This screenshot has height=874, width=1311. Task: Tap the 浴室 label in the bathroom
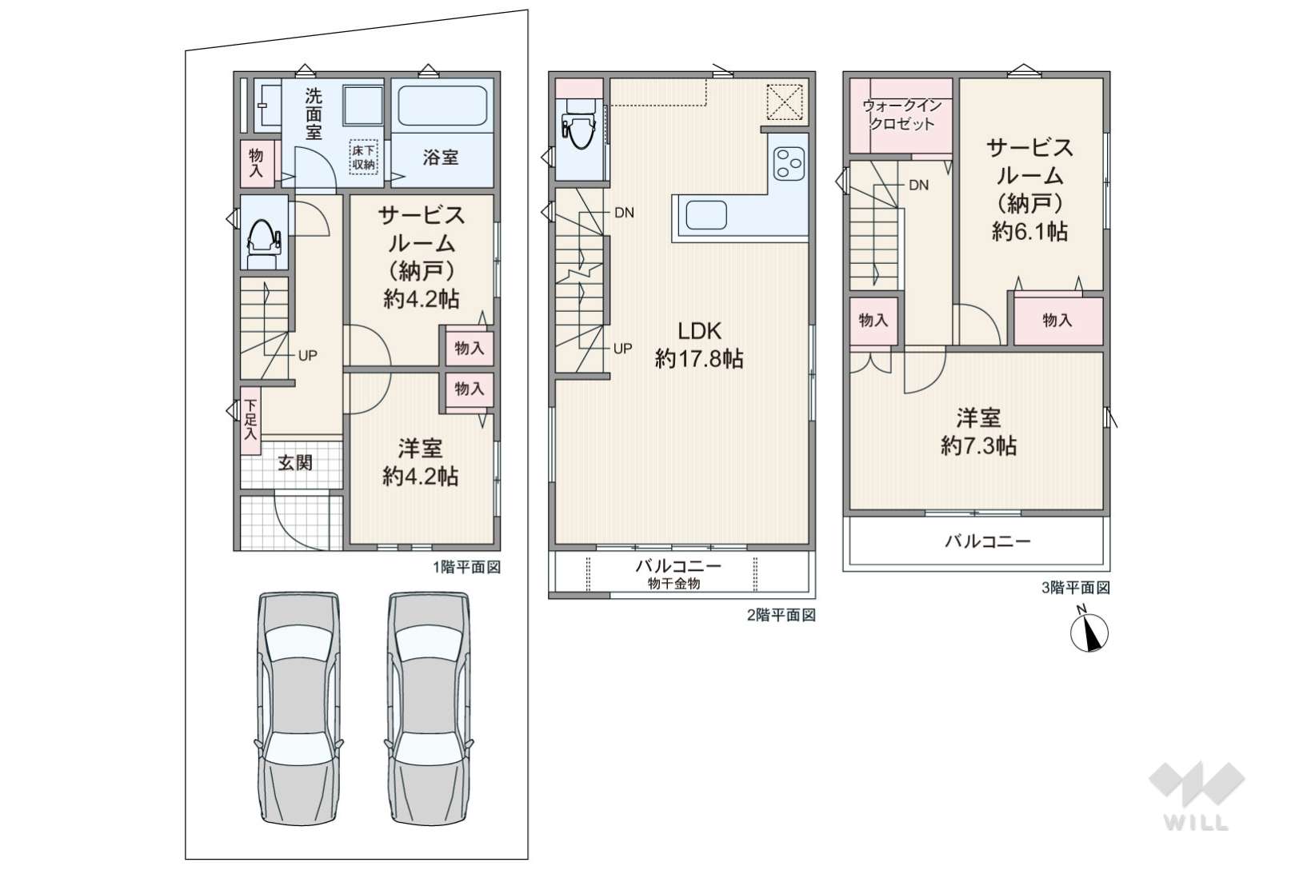(x=440, y=157)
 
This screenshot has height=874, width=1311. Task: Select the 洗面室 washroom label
(x=314, y=114)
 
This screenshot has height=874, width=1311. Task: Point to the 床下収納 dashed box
(x=363, y=157)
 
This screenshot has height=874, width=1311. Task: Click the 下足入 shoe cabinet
(x=250, y=419)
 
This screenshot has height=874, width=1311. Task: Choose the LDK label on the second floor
(x=699, y=331)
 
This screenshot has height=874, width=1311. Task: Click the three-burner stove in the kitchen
(x=788, y=163)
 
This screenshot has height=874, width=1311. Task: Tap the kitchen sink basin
(x=705, y=215)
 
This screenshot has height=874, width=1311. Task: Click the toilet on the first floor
(x=263, y=243)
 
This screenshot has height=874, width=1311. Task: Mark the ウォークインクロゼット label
(x=902, y=114)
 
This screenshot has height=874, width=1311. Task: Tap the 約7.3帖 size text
(x=978, y=446)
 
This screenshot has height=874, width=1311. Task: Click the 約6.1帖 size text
(x=1029, y=232)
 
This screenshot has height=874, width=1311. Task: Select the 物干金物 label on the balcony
(x=673, y=583)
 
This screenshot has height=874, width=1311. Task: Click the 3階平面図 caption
(x=1075, y=588)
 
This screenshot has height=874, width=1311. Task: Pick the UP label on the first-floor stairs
(x=308, y=355)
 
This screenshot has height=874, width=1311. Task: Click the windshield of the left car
(x=298, y=642)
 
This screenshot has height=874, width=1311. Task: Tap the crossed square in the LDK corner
(x=785, y=102)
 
